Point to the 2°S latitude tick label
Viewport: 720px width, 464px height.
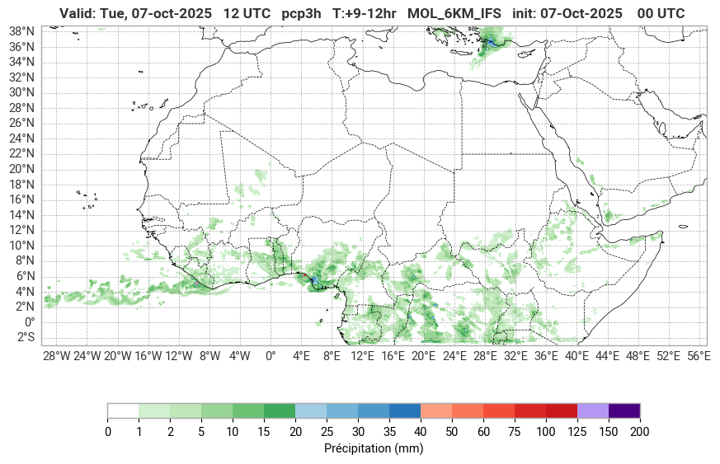tap(21, 337)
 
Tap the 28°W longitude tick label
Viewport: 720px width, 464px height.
tap(56, 356)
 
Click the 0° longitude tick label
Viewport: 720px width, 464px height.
tap(271, 356)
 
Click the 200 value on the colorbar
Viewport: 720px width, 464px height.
tap(640, 431)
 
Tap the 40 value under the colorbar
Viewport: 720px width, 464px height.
tap(421, 431)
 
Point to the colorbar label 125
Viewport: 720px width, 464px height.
tap(576, 431)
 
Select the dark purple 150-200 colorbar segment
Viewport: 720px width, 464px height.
tap(624, 410)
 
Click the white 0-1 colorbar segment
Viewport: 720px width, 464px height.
tap(123, 410)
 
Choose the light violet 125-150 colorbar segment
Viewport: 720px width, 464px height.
tap(593, 410)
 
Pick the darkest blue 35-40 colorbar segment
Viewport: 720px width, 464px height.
tap(405, 410)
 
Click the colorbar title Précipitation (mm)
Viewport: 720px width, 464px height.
tap(374, 449)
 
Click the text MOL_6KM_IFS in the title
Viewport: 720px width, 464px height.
tap(454, 13)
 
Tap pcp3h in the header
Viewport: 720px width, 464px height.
tap(302, 13)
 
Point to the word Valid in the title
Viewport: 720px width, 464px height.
tap(77, 13)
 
